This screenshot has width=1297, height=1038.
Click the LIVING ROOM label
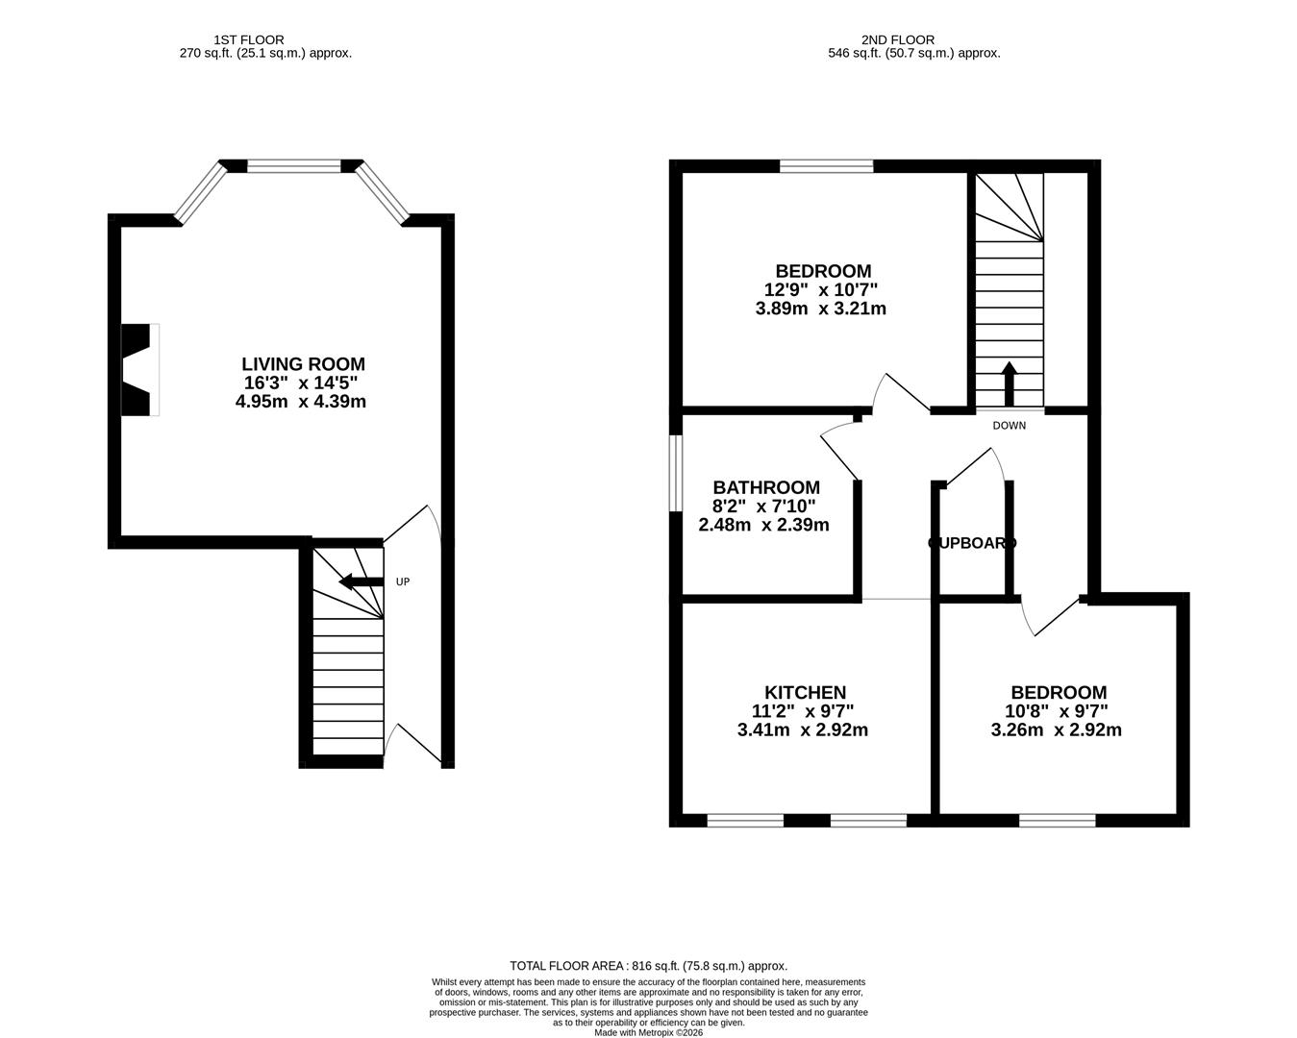[x=303, y=364]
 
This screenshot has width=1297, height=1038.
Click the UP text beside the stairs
[x=403, y=581]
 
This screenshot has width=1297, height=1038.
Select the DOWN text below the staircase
[x=1009, y=426]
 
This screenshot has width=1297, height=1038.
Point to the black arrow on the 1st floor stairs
[x=361, y=581]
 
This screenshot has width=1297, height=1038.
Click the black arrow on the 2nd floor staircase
[x=1009, y=383]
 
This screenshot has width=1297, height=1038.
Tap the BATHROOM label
[x=766, y=488]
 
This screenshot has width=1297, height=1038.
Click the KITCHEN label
[x=805, y=693]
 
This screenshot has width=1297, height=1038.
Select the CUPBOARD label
[x=971, y=543]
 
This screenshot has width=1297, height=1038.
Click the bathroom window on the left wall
[x=676, y=474]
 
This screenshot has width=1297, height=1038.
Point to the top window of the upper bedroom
[x=826, y=166]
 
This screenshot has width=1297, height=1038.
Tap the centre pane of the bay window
[x=294, y=166]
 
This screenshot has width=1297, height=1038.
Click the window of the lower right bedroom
[x=1057, y=820]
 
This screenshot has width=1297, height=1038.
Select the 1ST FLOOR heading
[x=249, y=39]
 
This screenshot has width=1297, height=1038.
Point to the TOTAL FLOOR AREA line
[x=648, y=966]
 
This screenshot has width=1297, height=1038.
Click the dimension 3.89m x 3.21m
[x=821, y=309]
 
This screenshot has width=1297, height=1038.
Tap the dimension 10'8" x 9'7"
[x=1056, y=711]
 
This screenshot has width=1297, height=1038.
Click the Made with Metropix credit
[x=648, y=1032]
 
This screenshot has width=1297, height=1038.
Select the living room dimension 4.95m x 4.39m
[x=301, y=402]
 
